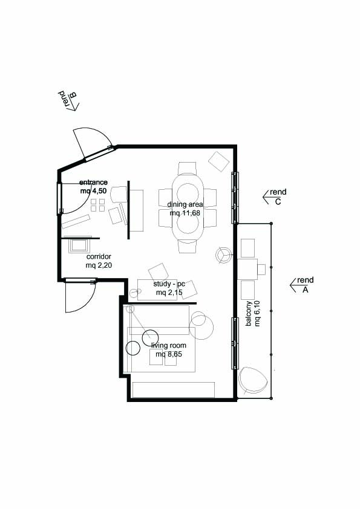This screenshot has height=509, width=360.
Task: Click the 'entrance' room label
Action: (93, 183)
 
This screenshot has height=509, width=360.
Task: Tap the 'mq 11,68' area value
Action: (185, 213)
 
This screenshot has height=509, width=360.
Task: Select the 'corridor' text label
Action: (99, 257)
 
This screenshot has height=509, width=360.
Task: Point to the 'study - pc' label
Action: (169, 284)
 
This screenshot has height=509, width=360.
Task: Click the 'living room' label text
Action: (169, 345)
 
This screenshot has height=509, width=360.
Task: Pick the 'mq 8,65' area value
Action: (169, 354)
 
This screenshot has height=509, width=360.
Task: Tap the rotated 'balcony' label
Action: (249, 313)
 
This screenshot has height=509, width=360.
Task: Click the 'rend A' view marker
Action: (302, 285)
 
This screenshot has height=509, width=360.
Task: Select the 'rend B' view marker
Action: (69, 100)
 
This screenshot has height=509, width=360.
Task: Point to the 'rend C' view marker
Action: (275, 196)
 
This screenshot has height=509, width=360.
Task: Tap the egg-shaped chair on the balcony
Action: (252, 381)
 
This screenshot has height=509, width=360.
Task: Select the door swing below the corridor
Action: (80, 296)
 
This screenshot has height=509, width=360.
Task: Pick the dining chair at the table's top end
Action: (187, 169)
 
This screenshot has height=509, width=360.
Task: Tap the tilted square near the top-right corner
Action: (219, 161)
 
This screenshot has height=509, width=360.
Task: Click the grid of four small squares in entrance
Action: (98, 205)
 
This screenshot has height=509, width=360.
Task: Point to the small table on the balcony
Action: (247, 269)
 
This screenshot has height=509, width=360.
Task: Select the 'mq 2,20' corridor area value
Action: (99, 265)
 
